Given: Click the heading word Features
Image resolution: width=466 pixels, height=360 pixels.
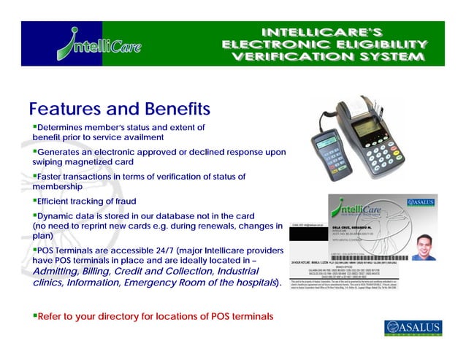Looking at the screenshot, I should click(66, 110).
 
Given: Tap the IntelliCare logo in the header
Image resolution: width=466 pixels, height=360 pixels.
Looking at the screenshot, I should click(98, 44).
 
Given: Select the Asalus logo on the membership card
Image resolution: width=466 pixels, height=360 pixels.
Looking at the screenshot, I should click(421, 202).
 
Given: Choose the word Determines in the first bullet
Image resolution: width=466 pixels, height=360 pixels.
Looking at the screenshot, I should click(63, 128).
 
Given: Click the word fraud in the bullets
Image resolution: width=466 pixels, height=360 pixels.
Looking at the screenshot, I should click(123, 201).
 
